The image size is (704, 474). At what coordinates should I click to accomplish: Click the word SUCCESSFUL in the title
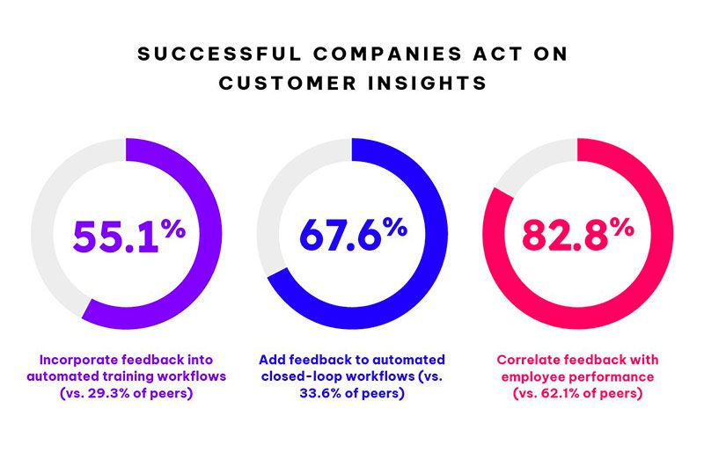pos(219,54)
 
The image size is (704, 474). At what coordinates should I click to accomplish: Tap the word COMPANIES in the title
pos(388,54)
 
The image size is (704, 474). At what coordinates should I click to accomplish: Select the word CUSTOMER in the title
pos(288,83)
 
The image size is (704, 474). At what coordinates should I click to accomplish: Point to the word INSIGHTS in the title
pos(428,83)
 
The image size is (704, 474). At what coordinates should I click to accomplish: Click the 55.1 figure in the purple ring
pos(116,237)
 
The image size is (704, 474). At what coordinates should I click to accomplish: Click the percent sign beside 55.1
pos(173,229)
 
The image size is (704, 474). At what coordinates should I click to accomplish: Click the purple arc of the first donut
pos(210,233)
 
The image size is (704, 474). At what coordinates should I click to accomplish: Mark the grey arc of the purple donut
pos(42,233)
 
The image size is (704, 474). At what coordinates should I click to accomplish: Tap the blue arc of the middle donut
pos(436,233)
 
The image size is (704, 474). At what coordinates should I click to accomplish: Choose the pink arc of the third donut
pos(662,233)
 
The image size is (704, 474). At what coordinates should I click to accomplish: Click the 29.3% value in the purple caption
pos(106,394)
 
